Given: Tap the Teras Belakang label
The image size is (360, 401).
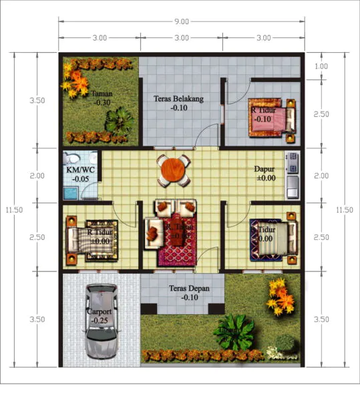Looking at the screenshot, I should [178, 99].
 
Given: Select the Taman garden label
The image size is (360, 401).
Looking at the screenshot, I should [102, 94].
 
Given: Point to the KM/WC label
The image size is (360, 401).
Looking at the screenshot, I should [78, 170].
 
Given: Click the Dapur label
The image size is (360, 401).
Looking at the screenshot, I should [264, 170].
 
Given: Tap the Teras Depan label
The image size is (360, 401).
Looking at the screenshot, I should [182, 288].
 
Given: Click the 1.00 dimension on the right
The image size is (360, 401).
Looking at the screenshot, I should [321, 66].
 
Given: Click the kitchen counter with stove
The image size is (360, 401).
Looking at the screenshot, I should [292, 175].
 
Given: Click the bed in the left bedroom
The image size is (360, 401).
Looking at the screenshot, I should [90, 237].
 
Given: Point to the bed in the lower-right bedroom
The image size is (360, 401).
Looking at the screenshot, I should [273, 239].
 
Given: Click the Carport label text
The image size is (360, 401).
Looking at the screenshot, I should [99, 311].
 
